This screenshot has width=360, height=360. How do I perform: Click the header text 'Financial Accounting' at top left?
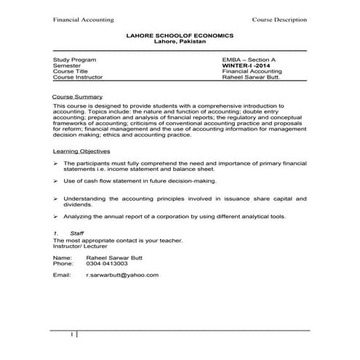pos(78,20)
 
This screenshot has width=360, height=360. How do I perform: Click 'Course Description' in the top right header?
pos(279,20)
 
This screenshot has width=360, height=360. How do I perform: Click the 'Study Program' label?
pos(71,58)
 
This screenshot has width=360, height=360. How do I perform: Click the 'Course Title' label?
pos(68,71)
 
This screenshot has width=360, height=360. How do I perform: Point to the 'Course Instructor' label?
pos(78,76)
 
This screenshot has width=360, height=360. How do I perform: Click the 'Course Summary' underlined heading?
pos(78,96)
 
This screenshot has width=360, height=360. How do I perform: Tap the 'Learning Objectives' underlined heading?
pos(82,151)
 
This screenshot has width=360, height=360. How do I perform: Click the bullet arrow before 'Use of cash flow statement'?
pos(56,180)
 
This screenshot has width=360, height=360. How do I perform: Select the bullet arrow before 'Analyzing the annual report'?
pos(56,217)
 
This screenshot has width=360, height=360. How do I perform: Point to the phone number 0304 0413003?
pos(107,263)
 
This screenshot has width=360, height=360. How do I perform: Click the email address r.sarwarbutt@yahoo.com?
pos(122,276)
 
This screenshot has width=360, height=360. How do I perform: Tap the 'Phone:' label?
pos(63,263)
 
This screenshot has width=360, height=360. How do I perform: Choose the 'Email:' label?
pos(62,276)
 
